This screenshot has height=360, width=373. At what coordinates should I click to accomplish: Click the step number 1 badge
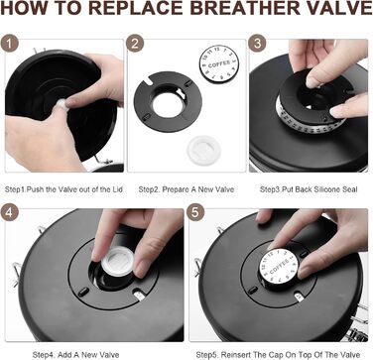point(9,44)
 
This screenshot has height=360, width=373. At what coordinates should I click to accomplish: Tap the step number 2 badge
point(135,44)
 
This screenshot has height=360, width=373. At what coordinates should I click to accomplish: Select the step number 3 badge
point(257,44)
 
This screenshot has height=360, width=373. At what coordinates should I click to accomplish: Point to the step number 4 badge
point(9,212)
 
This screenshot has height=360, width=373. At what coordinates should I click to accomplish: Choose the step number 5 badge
point(195,212)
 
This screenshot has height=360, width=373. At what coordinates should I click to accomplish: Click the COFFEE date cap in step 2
point(219,64)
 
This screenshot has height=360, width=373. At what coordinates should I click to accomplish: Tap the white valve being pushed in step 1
point(62,104)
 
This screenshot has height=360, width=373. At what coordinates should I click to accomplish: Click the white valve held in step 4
point(118,261)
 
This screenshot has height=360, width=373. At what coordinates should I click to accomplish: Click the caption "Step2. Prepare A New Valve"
point(186,189)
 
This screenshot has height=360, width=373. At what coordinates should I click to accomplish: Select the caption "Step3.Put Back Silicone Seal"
point(309,189)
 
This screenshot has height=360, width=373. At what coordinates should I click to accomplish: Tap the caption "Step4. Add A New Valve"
point(76,355)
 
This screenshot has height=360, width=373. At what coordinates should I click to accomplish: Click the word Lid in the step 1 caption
point(117,189)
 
